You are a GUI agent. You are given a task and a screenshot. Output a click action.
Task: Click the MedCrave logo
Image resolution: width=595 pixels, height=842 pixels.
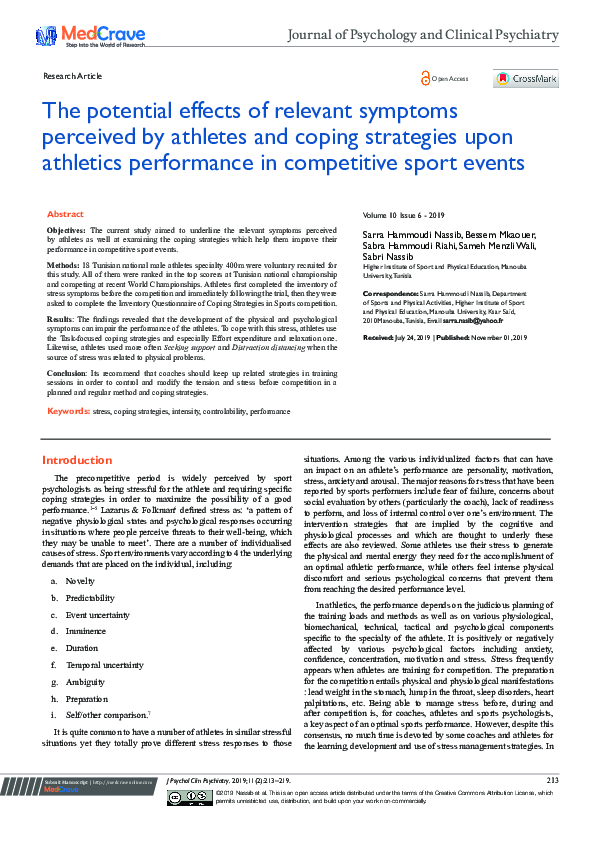tap(75, 36)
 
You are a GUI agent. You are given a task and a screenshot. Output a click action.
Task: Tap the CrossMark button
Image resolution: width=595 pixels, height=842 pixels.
tap(526, 79)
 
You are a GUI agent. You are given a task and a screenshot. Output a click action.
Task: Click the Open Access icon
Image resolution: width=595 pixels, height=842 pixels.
tap(445, 78)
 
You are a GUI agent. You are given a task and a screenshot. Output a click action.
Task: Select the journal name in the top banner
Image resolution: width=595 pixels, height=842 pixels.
tap(422, 35)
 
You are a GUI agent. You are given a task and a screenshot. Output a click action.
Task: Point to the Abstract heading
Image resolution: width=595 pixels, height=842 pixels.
tap(65, 214)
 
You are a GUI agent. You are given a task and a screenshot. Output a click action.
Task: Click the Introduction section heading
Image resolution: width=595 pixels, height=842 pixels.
tap(78, 461)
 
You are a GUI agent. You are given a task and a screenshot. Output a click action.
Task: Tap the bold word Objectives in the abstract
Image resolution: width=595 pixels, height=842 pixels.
tap(67, 229)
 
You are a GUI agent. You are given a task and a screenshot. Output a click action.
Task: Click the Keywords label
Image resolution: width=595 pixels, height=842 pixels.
tap(69, 411)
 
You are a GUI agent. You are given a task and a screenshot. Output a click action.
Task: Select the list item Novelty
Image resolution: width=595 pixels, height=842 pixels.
tap(80, 580)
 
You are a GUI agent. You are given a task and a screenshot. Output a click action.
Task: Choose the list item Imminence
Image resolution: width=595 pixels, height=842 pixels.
tap(85, 632)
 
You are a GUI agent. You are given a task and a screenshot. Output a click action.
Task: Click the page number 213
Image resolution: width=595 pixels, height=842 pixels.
tap(552, 808)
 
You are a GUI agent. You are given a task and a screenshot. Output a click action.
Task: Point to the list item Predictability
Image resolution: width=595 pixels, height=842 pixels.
tap(90, 597)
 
